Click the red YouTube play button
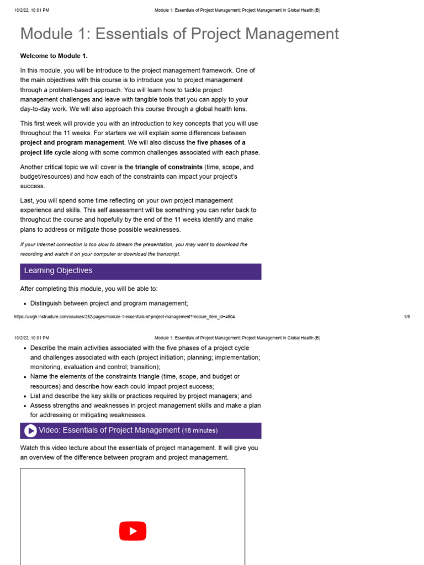coord(132,531)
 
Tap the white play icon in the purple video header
coord(30,431)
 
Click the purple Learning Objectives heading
coord(58,271)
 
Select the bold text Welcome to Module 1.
coord(54,56)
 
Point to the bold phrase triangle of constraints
coord(168,167)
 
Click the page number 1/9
coord(407,317)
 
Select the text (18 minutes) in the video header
coord(200,431)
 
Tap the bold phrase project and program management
coord(72,143)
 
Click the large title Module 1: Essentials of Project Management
coord(179,34)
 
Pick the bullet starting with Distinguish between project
coord(109,303)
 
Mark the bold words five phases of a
coord(221,143)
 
